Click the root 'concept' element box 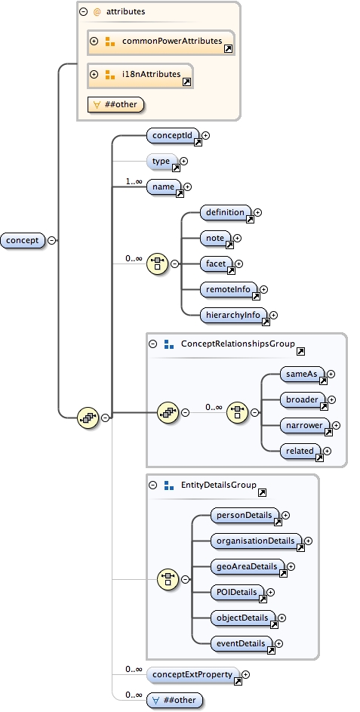(23, 240)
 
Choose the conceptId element (173, 136)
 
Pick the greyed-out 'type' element (162, 161)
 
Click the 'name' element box (164, 186)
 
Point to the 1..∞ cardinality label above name (134, 181)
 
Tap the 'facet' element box (216, 264)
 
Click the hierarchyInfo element (234, 315)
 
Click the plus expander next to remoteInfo (264, 289)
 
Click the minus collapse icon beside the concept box (51, 240)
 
